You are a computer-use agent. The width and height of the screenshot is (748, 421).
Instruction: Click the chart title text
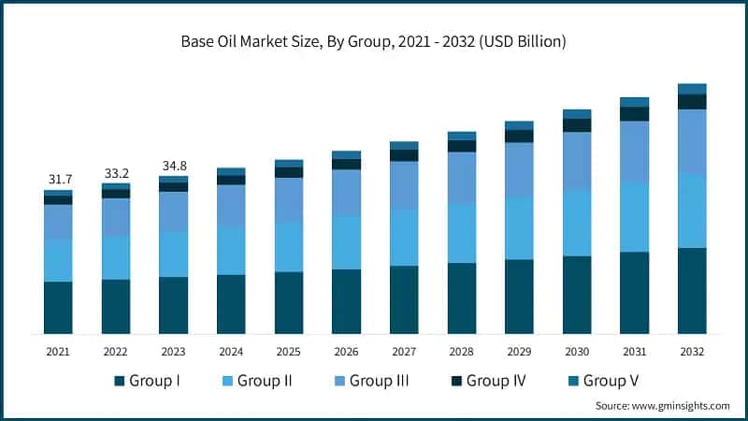coord(374,42)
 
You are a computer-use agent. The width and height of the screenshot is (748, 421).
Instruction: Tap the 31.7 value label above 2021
coord(58,179)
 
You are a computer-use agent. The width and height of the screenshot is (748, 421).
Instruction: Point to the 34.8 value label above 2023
coord(173,165)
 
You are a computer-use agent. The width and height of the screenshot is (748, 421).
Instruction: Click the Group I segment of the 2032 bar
coord(692,290)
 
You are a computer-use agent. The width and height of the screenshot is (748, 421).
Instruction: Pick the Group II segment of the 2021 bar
coord(58,260)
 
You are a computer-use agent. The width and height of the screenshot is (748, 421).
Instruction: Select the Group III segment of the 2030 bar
coord(577,161)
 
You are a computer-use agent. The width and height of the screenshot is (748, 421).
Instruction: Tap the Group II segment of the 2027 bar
coord(404,238)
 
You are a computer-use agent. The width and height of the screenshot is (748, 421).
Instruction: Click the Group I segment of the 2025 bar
coord(289,302)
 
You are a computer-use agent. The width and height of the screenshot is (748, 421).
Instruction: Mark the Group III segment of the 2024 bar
coord(231,205)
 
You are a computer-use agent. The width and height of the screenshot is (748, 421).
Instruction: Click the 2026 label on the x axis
coord(346,351)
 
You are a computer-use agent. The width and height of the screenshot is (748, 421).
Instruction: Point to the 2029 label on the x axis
coord(519,351)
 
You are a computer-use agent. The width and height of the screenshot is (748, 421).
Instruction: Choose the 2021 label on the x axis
coord(58,351)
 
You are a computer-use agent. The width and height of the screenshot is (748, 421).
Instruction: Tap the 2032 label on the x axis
coord(692,351)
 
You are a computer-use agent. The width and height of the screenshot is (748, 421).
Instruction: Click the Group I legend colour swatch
coord(120,381)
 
